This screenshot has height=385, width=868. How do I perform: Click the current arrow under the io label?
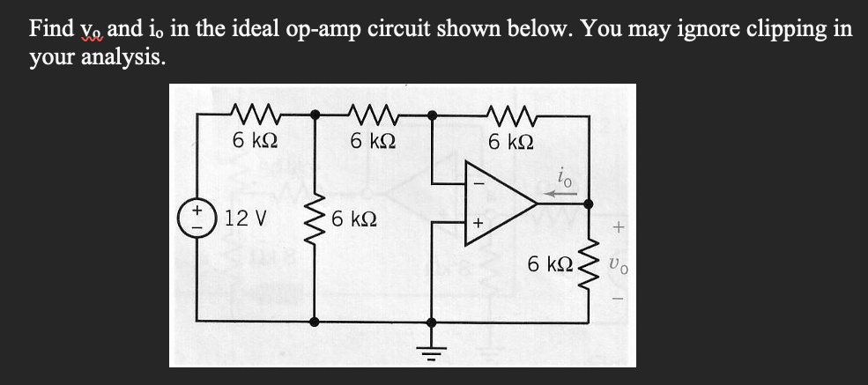557,189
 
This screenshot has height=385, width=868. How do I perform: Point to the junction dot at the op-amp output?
589,204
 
